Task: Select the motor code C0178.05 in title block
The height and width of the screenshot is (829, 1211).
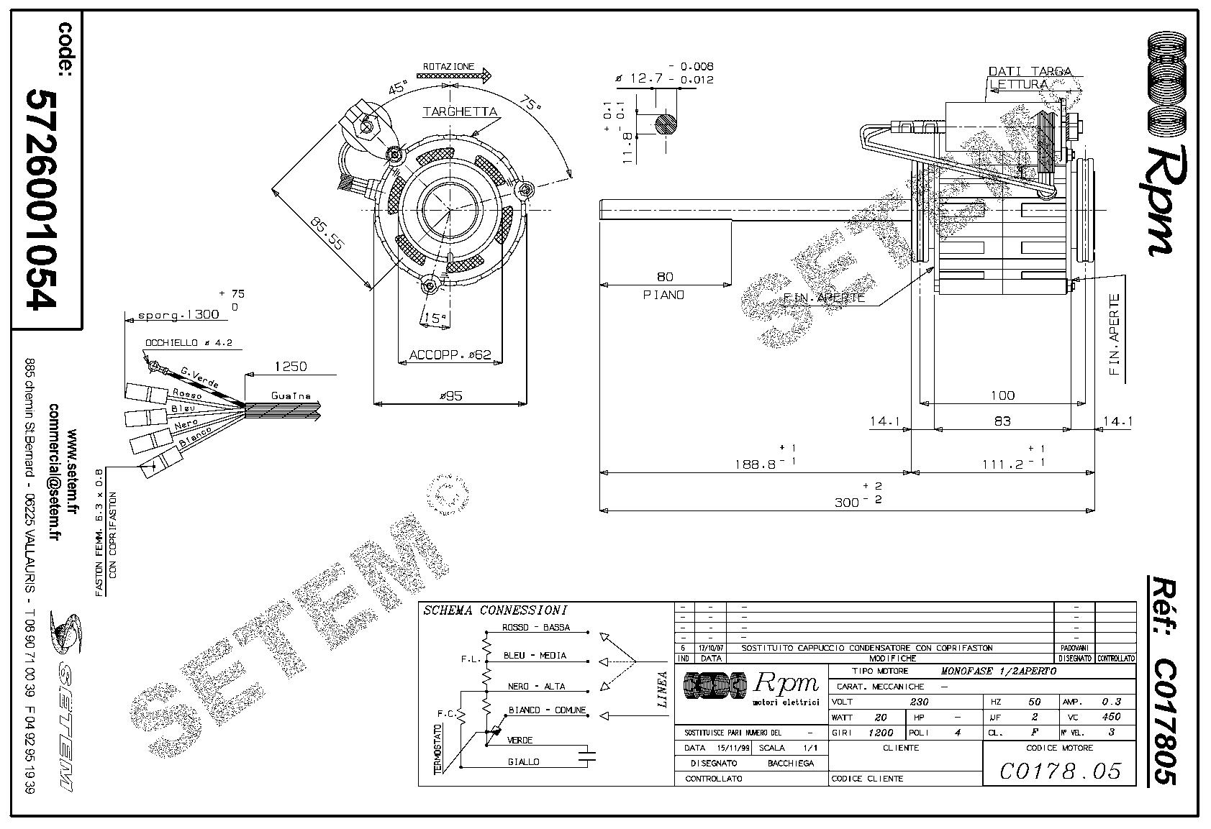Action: pyautogui.click(x=1061, y=771)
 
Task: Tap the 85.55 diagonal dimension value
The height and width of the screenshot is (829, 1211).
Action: pyautogui.click(x=327, y=233)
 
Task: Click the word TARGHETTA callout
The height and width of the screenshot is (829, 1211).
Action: pyautogui.click(x=460, y=111)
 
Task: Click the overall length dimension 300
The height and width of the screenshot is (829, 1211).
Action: pyautogui.click(x=847, y=502)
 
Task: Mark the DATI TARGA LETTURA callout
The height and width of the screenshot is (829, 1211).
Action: pyautogui.click(x=1029, y=78)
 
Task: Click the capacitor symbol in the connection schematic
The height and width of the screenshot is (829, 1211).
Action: pyautogui.click(x=589, y=754)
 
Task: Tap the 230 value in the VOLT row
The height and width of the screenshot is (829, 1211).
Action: pyautogui.click(x=920, y=702)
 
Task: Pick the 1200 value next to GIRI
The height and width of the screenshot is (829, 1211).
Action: pyautogui.click(x=881, y=733)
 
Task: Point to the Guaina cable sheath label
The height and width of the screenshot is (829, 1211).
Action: pyautogui.click(x=291, y=395)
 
